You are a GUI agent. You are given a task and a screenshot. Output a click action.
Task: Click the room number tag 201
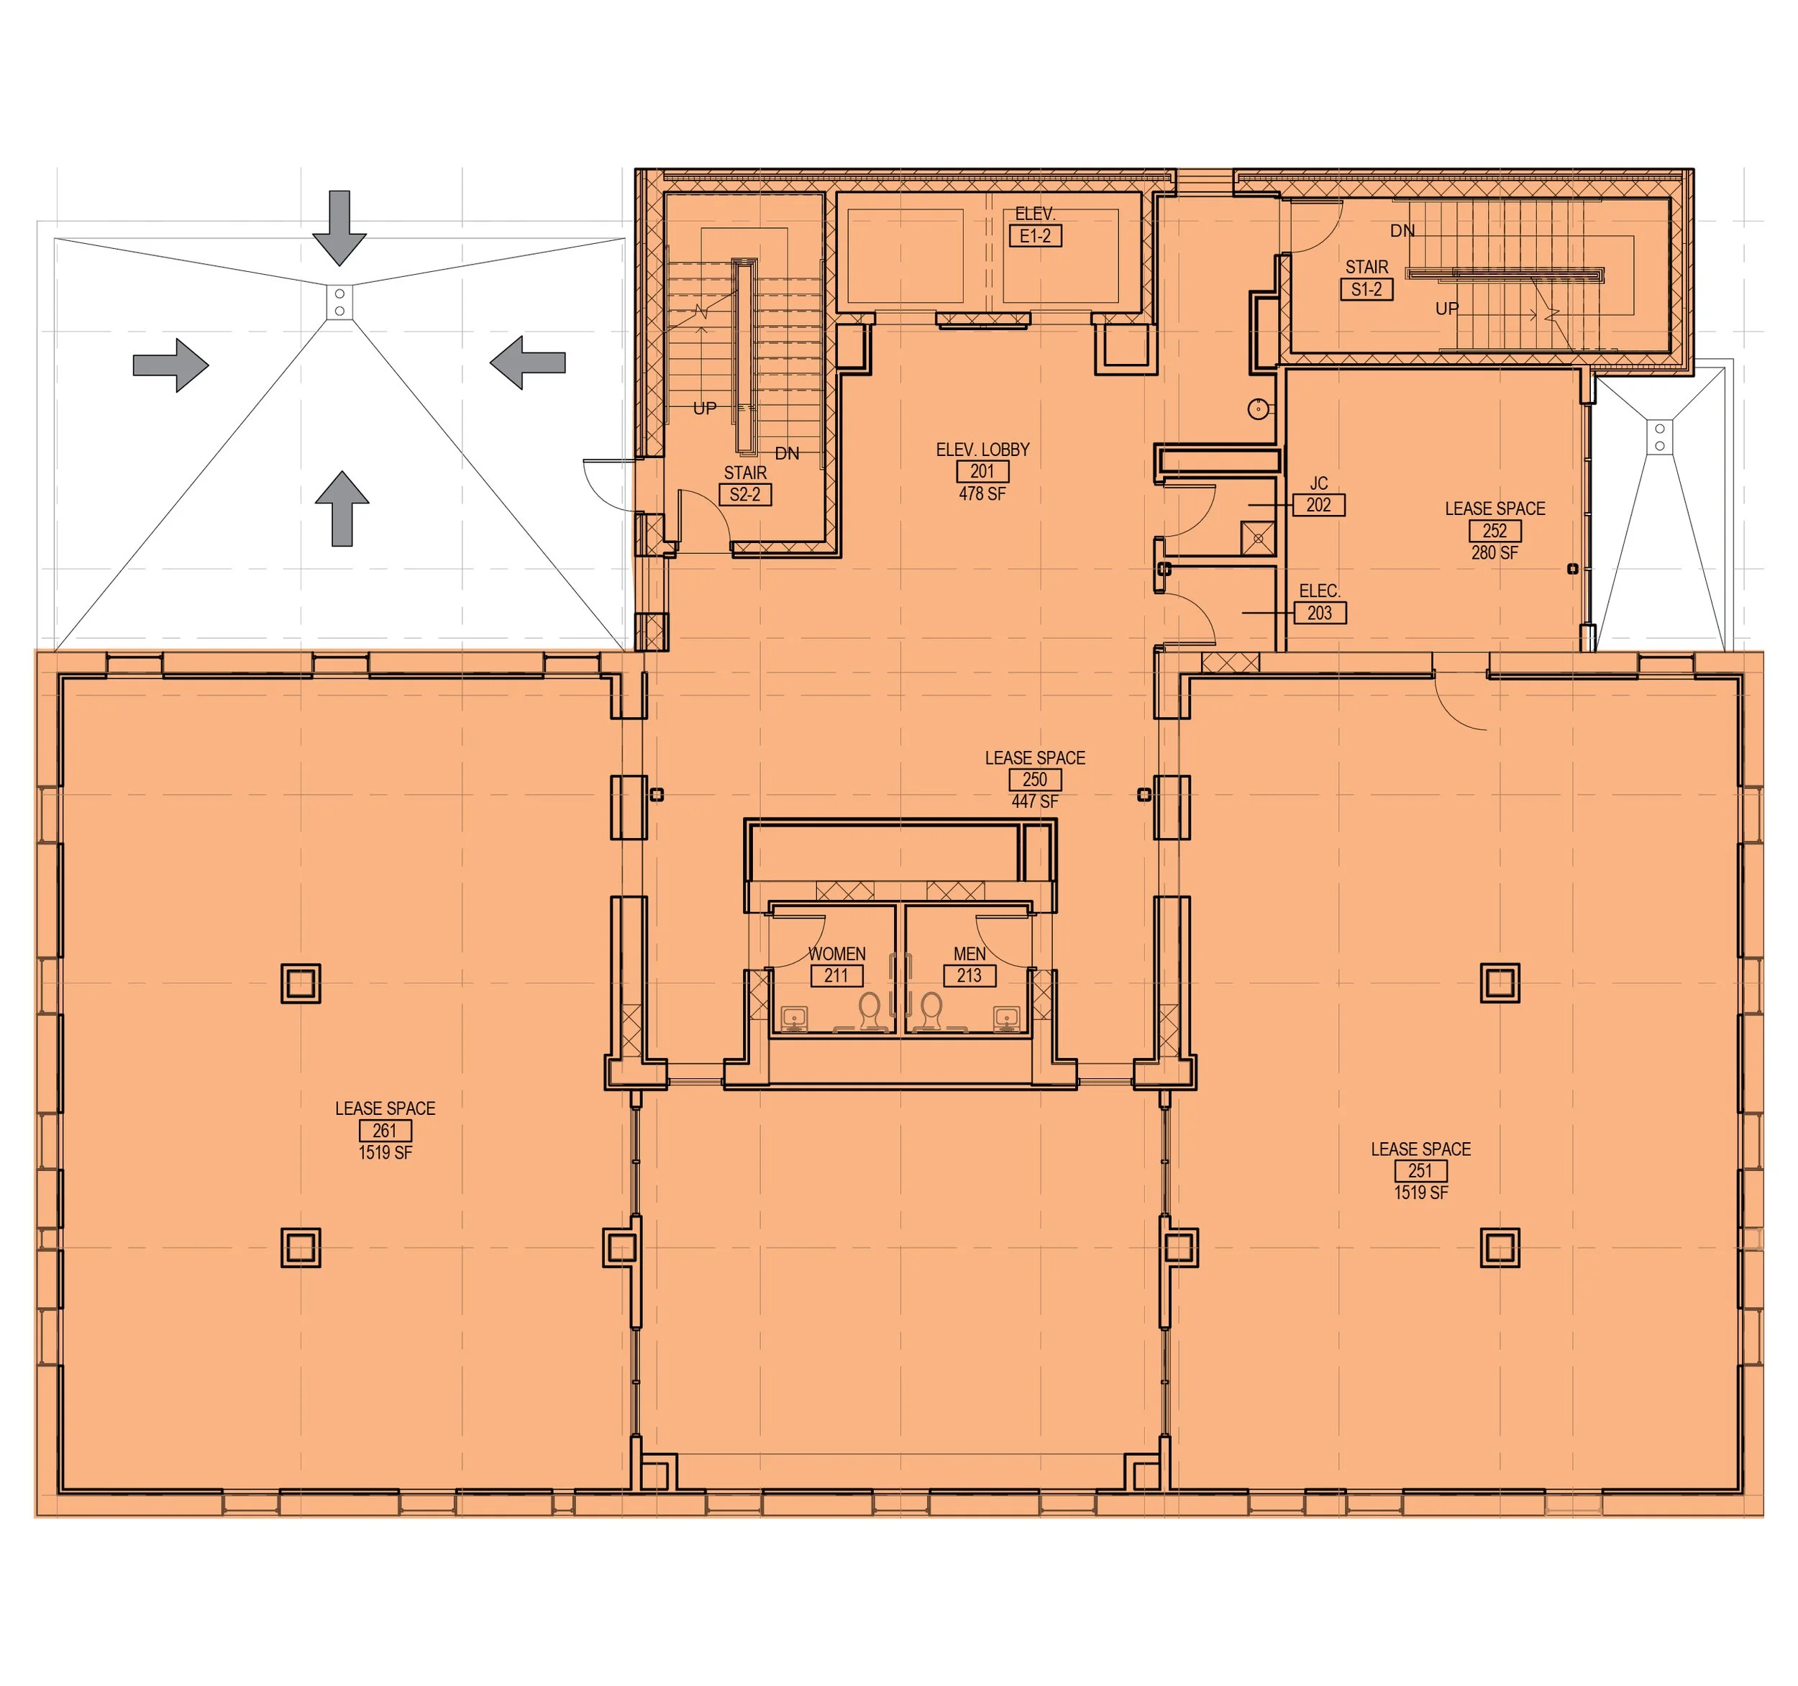(982, 471)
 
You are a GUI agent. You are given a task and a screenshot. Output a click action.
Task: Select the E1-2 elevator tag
(1035, 236)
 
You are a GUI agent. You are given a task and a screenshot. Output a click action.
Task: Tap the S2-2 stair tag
(744, 495)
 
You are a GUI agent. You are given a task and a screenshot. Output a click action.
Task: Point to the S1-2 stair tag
(1366, 289)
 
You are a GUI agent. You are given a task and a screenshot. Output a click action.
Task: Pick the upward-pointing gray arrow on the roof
(342, 509)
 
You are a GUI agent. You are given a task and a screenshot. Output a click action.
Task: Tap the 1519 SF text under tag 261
(385, 1152)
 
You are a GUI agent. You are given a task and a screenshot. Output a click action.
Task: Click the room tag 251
(1420, 1170)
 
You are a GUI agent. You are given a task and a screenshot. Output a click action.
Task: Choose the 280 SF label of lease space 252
(1494, 552)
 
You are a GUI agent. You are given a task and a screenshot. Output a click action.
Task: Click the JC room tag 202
(1319, 505)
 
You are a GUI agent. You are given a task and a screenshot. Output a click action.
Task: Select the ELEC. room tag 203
(1320, 614)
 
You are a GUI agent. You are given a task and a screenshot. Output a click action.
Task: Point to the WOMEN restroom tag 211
(836, 975)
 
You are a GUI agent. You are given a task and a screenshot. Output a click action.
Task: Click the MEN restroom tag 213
(969, 975)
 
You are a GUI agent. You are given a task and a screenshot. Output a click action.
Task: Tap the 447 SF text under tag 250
(1035, 801)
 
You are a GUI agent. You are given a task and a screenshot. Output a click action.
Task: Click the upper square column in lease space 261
(301, 983)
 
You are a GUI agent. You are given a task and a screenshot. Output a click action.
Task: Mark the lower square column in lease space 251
(1500, 1248)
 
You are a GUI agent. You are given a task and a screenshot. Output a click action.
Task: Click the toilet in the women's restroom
(870, 1011)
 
